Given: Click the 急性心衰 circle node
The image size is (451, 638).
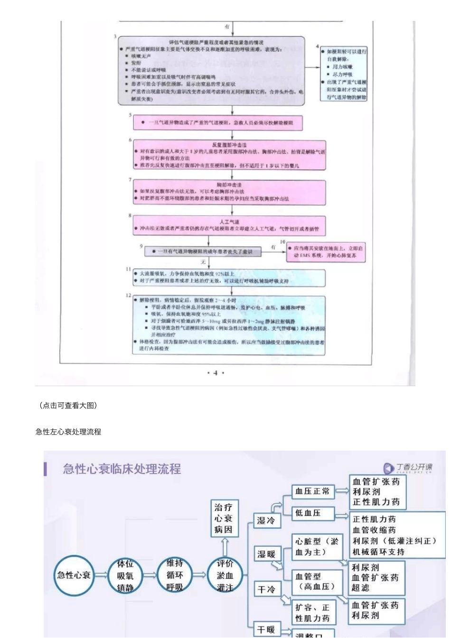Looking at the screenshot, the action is point(74,575).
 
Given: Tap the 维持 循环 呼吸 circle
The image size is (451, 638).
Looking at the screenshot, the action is point(175,575).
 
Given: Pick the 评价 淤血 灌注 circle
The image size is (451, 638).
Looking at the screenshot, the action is point(225,575).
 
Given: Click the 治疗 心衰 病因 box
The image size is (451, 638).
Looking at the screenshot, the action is point(223,518).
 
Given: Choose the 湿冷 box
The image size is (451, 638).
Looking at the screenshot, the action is point(266,521).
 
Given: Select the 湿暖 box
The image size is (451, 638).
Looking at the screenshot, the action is point(266,554).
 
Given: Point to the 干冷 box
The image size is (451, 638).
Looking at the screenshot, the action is point(266,590).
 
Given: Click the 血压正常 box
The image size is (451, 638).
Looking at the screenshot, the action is point(312,491).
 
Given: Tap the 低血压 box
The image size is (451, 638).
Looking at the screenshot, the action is point(312,513).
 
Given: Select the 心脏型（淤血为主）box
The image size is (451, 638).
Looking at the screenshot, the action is point(316,546).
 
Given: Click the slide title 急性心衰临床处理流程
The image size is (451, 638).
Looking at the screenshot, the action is point(122,469).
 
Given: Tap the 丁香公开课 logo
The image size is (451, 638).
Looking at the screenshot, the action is point(408,468).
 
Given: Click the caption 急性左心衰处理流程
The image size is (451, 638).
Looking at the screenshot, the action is point(68,432).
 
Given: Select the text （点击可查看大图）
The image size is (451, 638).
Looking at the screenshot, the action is point(68,406).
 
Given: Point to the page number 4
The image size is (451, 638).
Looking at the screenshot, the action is point(216,373).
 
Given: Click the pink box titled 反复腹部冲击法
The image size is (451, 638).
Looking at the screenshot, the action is point(229,155).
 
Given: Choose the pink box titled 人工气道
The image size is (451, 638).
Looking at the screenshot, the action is point(229,225).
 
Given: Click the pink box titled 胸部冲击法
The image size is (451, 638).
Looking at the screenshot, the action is point(229,192).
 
